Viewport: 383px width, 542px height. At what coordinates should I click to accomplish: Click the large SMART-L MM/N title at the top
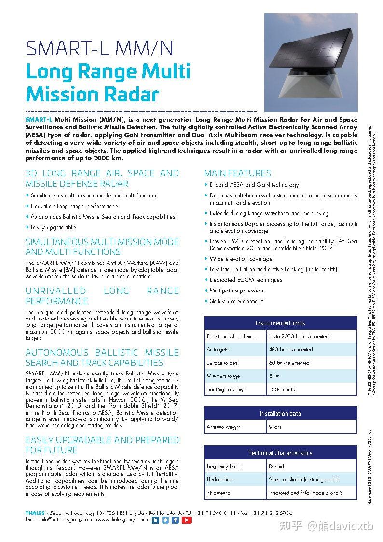click(x=99, y=48)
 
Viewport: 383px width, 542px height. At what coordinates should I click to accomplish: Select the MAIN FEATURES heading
click(x=237, y=173)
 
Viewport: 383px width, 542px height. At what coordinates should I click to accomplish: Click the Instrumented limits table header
click(x=280, y=323)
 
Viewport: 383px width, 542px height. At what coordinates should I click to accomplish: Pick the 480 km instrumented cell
click(x=291, y=349)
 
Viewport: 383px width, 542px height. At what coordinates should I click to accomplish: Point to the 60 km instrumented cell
click(x=289, y=363)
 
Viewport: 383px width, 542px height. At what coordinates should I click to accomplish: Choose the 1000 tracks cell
click(x=282, y=389)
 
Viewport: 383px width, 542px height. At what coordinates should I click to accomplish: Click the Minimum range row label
click(x=223, y=376)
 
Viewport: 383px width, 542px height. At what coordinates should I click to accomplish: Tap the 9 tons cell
click(x=275, y=427)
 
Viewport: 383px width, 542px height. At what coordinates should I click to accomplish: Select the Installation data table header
click(x=280, y=414)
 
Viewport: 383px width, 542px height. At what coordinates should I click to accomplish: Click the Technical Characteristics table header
click(x=280, y=453)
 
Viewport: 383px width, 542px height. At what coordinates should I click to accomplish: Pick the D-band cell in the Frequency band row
click(x=276, y=466)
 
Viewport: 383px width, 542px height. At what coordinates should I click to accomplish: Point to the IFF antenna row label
click(x=219, y=493)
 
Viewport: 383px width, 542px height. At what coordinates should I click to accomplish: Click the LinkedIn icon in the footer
click(x=155, y=520)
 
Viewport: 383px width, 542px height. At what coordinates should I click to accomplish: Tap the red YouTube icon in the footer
click(x=187, y=520)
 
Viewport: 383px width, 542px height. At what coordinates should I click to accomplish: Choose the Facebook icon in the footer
click(x=176, y=520)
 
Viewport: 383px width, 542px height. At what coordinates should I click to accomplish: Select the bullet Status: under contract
click(x=236, y=301)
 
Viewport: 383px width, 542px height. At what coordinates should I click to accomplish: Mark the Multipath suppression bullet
click(x=236, y=291)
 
